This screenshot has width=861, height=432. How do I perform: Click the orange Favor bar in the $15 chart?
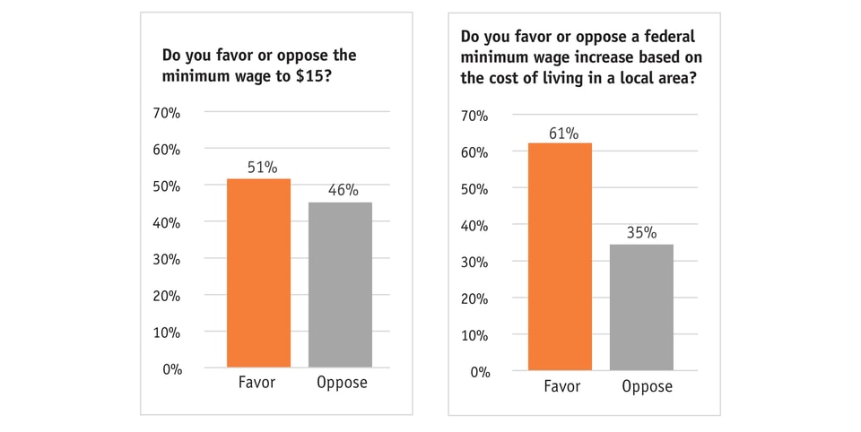[x=258, y=272]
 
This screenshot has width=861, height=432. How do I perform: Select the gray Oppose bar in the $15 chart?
[x=340, y=284]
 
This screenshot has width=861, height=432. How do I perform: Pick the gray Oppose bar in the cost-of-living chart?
[x=641, y=307]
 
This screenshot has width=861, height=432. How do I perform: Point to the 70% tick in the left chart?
[x=166, y=113]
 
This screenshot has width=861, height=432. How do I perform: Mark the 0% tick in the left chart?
[x=171, y=368]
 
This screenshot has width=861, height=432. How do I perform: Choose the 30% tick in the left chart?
[x=166, y=259]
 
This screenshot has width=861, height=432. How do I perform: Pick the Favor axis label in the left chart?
[x=257, y=384]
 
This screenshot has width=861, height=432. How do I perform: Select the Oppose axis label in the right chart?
[x=646, y=387]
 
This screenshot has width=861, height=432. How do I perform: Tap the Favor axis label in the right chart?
[x=562, y=387]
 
